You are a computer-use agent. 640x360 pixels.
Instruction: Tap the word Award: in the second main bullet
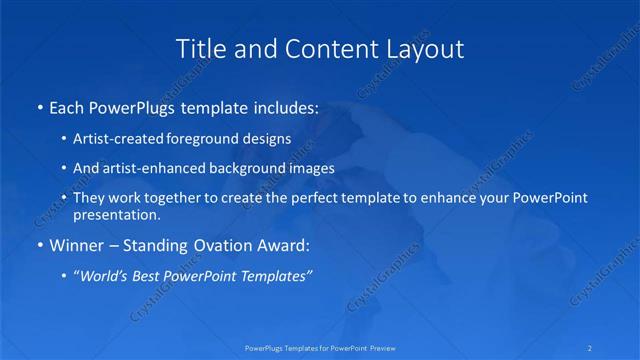click(x=282, y=245)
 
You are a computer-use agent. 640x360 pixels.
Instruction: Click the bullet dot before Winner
click(x=39, y=245)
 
